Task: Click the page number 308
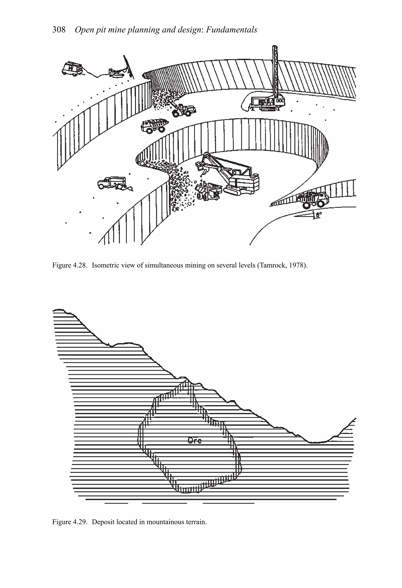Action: coord(59,30)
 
